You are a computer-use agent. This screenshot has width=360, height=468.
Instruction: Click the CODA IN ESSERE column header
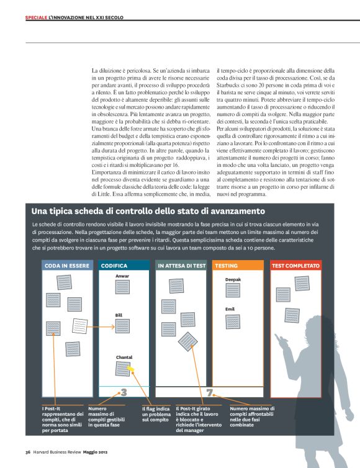66,266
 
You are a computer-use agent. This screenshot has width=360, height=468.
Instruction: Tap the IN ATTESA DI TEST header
181,266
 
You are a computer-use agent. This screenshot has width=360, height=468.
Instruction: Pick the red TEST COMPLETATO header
295,266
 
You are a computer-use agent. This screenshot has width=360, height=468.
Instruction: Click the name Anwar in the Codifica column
122,276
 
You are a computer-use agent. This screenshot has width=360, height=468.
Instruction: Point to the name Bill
119,315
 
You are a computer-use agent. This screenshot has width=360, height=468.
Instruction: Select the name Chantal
124,357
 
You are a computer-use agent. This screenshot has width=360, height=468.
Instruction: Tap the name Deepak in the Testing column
233,280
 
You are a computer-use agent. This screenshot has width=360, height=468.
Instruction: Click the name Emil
230,308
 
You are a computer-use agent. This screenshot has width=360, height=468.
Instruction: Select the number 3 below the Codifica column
124,392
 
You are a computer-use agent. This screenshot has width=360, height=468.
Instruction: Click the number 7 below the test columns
209,392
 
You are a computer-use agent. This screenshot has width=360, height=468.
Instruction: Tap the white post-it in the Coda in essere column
79,325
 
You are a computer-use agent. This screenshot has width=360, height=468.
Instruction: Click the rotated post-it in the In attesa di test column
187,341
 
